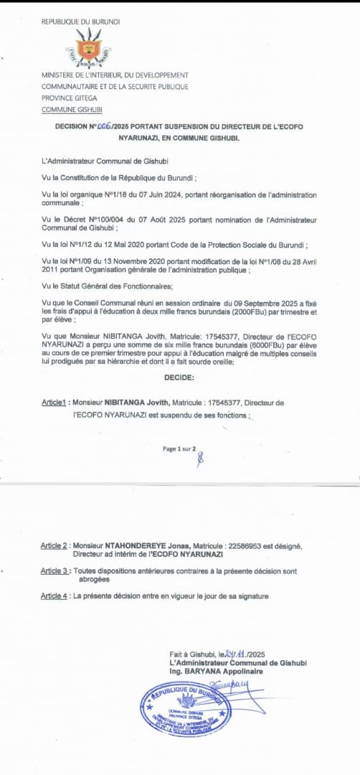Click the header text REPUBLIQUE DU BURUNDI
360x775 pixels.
81,22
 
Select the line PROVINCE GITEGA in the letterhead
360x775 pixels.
69,98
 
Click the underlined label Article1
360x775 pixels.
55,403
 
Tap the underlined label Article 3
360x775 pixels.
55,570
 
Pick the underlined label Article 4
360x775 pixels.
55,596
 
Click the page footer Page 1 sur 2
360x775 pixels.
179,448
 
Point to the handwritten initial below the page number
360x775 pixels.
200,460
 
